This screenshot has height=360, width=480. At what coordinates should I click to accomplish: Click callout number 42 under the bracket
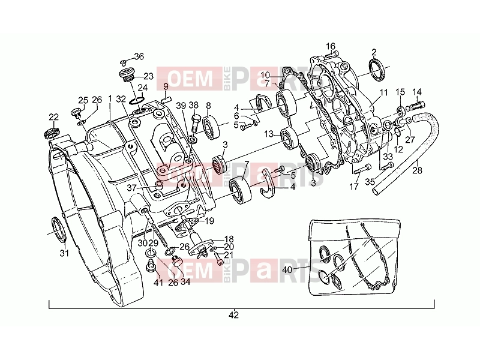(x=233, y=314)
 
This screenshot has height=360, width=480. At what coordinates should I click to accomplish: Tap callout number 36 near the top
(x=139, y=56)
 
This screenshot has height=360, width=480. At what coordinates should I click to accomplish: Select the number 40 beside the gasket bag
(x=287, y=269)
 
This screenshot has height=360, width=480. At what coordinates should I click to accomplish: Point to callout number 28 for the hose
(x=417, y=170)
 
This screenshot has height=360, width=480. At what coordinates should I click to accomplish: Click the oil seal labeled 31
(x=58, y=229)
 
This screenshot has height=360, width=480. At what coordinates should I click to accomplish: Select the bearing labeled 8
(x=211, y=128)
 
